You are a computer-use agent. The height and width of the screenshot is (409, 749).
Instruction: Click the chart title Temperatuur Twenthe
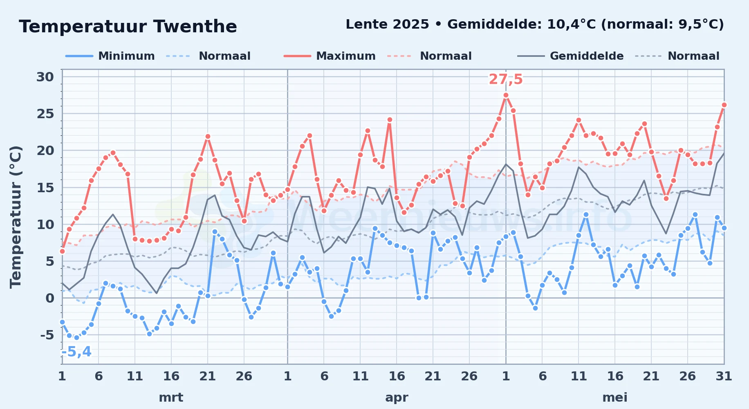128,27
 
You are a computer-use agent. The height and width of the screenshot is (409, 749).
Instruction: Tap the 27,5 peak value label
506,79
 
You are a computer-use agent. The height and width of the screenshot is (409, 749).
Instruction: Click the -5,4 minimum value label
76,352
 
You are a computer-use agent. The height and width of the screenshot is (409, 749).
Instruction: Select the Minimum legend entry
110,56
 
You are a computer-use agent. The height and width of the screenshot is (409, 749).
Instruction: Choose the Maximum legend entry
330,56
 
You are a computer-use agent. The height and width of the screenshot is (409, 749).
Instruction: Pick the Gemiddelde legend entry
571,56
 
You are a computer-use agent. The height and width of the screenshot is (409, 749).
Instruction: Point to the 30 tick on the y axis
45,77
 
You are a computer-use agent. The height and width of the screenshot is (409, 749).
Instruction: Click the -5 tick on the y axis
47,335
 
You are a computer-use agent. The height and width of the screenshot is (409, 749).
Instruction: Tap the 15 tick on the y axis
45,188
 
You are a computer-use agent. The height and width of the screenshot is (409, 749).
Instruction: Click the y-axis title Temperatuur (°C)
16,217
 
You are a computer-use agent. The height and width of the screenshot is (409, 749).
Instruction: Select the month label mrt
171,397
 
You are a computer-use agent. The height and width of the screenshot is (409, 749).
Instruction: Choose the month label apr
397,398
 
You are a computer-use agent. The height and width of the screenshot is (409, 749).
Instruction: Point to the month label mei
615,397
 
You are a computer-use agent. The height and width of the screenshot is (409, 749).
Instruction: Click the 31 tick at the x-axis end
724,376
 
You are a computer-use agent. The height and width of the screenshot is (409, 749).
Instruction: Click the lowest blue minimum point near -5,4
76,337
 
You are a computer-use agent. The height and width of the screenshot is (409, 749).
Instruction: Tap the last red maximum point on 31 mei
724,105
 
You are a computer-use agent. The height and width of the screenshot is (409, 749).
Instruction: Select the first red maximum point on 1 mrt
62,251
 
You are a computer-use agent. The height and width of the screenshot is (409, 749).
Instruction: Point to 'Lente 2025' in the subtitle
387,25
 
